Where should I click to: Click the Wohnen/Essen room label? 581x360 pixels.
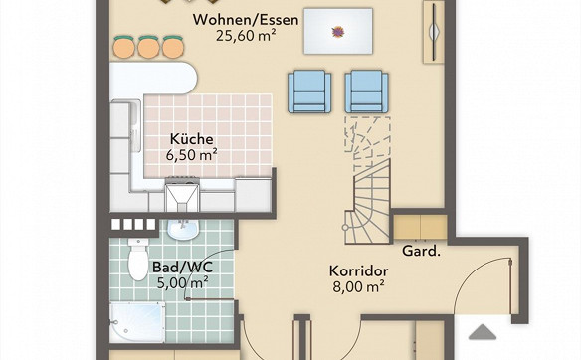coord(246,20)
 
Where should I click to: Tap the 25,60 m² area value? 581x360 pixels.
coord(246,36)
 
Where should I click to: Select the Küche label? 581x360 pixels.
coord(192,139)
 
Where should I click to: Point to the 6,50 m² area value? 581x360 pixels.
coord(192,155)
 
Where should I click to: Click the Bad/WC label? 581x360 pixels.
coord(183,267)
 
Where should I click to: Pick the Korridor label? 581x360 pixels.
coord(359,270)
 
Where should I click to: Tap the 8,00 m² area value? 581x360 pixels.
coord(358,286)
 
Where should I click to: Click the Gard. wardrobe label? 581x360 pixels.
coord(421,251)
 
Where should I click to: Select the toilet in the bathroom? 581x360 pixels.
coord(138,259)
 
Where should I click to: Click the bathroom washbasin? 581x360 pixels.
coord(183,229)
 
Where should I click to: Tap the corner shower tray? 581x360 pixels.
coord(137,322)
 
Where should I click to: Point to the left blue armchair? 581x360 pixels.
coord(309,91)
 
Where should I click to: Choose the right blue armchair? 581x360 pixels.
coord(366,91)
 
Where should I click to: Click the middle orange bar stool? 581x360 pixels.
coord(148,47)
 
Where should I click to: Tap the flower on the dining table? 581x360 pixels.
coord(338,32)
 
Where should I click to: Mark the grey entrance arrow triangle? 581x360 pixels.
coord(483,332)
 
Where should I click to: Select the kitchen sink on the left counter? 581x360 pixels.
coord(135,125)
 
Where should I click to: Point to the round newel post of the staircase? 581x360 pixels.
coord(345,227)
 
